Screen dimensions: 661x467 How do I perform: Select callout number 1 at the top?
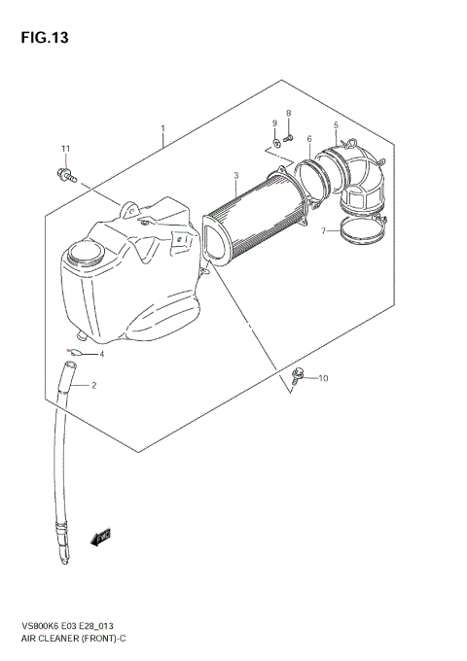click(162, 128)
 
